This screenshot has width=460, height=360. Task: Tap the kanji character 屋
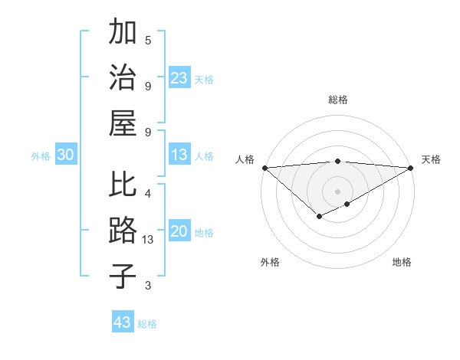123,122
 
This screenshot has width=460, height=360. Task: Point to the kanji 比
123,185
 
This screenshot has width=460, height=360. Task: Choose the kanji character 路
123,230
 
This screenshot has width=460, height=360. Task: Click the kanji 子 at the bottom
123,276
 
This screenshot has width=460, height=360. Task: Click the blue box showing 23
179,78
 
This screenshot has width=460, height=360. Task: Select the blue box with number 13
179,155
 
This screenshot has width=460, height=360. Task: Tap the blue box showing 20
179,232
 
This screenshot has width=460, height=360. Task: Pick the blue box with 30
65,155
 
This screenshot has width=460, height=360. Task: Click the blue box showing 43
122,322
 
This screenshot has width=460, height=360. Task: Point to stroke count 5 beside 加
148,40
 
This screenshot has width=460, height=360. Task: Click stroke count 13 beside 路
148,240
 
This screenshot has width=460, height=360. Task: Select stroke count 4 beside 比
148,193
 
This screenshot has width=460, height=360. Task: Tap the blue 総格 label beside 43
148,324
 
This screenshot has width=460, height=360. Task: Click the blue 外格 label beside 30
41,156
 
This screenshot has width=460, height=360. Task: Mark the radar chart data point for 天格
411,168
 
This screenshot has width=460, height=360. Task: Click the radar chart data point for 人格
264,168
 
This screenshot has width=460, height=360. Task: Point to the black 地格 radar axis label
402,262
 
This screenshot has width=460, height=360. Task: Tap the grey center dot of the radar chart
337,191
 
